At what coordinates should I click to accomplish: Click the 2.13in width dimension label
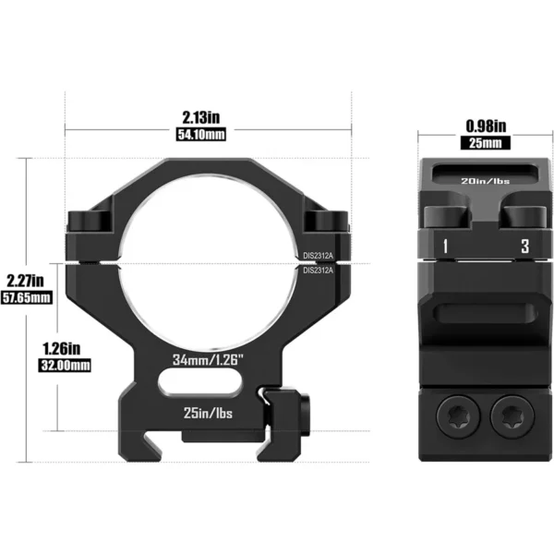pos(200,117)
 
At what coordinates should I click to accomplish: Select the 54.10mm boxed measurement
pos(200,134)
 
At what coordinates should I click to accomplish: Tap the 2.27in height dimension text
pos(26,281)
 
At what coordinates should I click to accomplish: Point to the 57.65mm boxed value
pos(27,297)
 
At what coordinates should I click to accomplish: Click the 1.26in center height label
pos(62,349)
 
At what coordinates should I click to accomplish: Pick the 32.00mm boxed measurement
pos(65,365)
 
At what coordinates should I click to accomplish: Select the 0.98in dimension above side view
pos(486,126)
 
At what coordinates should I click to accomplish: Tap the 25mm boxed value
pos(486,143)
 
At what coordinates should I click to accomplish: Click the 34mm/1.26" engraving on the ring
pos(208,360)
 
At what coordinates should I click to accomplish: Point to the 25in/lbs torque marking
pos(208,413)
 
